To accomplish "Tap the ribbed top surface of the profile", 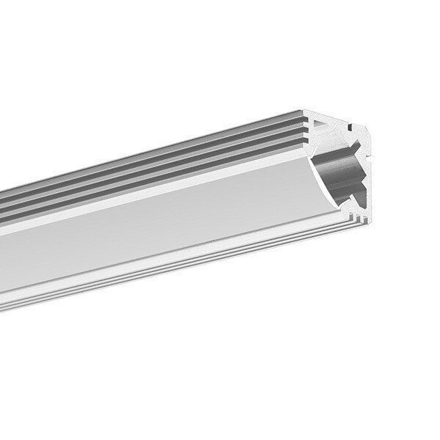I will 183,158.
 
